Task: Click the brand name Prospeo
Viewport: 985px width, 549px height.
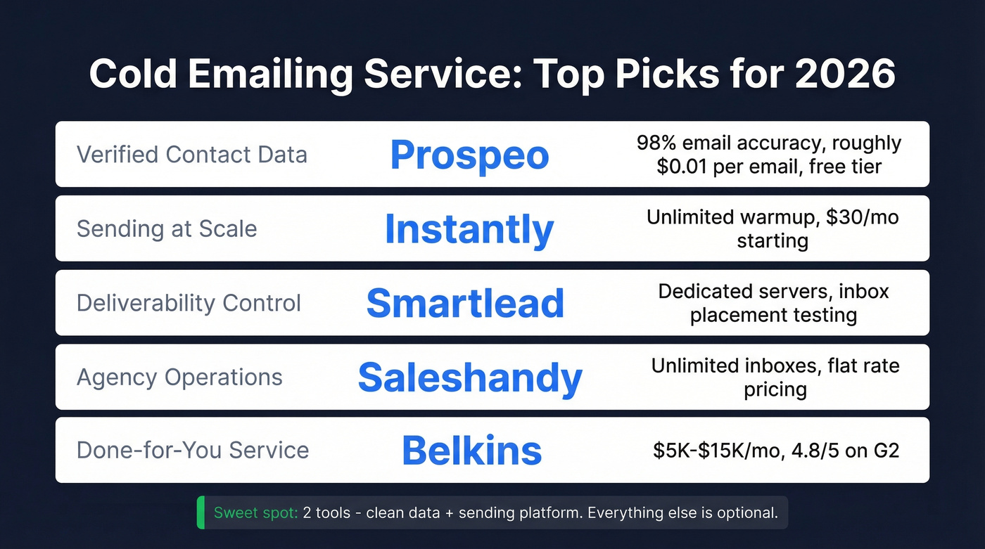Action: pyautogui.click(x=469, y=155)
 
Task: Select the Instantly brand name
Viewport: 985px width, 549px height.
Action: pyautogui.click(x=469, y=229)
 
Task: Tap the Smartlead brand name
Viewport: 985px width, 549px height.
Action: pyautogui.click(x=465, y=303)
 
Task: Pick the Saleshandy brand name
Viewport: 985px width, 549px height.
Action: pyautogui.click(x=470, y=377)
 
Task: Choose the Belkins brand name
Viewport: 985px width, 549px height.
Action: pyautogui.click(x=471, y=451)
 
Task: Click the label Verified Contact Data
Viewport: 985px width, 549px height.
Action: pyautogui.click(x=192, y=155)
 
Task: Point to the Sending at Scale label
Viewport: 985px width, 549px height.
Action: pyautogui.click(x=167, y=228)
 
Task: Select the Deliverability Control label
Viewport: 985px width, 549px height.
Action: pyautogui.click(x=189, y=303)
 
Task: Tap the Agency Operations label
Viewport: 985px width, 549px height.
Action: pyautogui.click(x=179, y=377)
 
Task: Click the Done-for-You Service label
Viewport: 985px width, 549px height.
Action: pyautogui.click(x=193, y=450)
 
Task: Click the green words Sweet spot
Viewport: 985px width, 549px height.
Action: pyautogui.click(x=255, y=512)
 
